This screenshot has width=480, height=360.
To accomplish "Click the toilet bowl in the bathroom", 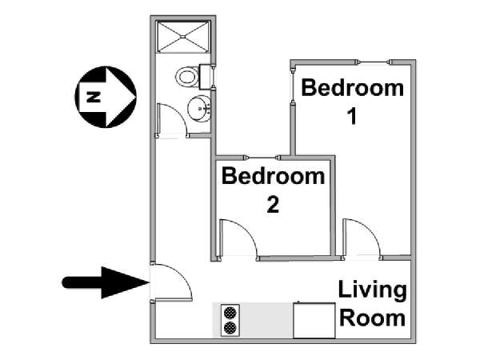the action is pyautogui.click(x=186, y=77).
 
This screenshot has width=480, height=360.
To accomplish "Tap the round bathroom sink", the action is pyautogui.click(x=199, y=108).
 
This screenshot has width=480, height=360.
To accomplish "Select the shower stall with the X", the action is pyautogui.click(x=183, y=37).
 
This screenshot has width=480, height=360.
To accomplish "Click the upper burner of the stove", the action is pyautogui.click(x=230, y=313).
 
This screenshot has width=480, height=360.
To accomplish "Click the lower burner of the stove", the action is pyautogui.click(x=230, y=328).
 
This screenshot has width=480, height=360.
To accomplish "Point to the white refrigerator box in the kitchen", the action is pyautogui.click(x=314, y=320).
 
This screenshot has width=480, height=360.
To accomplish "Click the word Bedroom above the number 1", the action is pyautogui.click(x=352, y=88).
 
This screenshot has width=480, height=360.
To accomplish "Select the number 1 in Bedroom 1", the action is pyautogui.click(x=353, y=117).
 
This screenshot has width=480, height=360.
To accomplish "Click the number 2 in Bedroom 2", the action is pyautogui.click(x=273, y=205).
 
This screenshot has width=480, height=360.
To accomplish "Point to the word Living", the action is pyautogui.click(x=373, y=291).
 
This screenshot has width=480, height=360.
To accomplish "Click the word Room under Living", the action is pyautogui.click(x=373, y=318).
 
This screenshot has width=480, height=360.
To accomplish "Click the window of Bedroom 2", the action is pyautogui.click(x=262, y=158).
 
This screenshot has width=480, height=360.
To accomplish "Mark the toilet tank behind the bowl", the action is pyautogui.click(x=205, y=77).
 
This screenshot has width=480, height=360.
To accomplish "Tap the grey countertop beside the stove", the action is pyautogui.click(x=266, y=320).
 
